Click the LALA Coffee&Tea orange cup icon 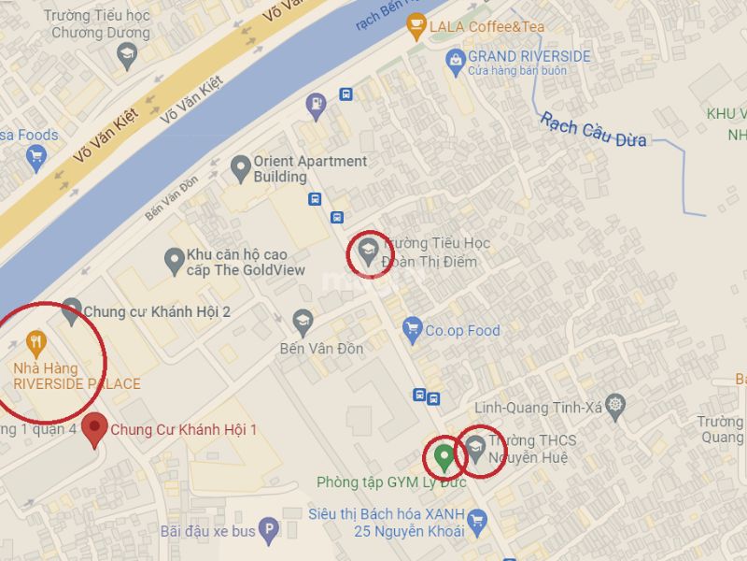pyautogui.click(x=416, y=27)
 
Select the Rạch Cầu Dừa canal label pyautogui.click(x=594, y=130)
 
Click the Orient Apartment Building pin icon pyautogui.click(x=241, y=168)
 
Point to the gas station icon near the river pyautogui.click(x=317, y=104)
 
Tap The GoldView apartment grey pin pyautogui.click(x=174, y=261)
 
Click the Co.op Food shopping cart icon pyautogui.click(x=412, y=329)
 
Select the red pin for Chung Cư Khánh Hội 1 pyautogui.click(x=93, y=429)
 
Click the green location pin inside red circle pyautogui.click(x=444, y=456)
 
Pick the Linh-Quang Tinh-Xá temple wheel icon pyautogui.click(x=614, y=406)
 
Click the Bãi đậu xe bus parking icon pyautogui.click(x=269, y=529)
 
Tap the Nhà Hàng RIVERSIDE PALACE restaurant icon pyautogui.click(x=36, y=343)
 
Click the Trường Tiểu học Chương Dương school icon pyautogui.click(x=126, y=56)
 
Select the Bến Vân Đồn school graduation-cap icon pyautogui.click(x=303, y=323)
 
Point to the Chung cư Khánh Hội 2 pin pyautogui.click(x=71, y=311)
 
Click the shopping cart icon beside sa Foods pyautogui.click(x=36, y=156)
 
